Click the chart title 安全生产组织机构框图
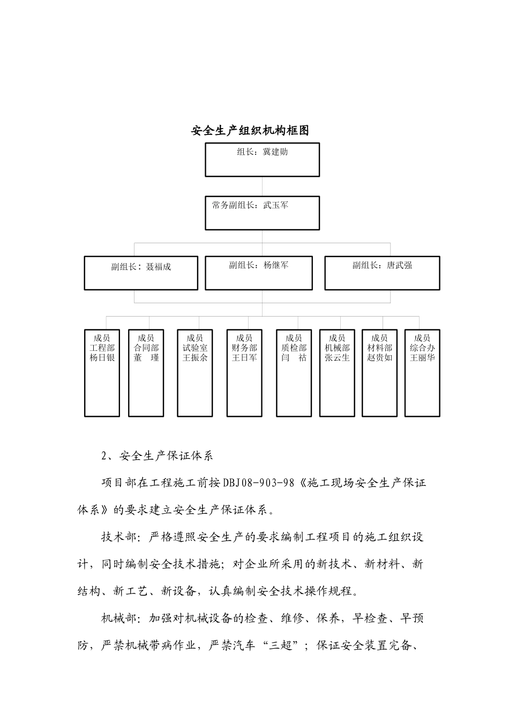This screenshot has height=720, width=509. pyautogui.click(x=250, y=131)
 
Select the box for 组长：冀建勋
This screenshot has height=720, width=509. pyautogui.click(x=262, y=160)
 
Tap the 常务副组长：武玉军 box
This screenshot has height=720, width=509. pyautogui.click(x=262, y=213)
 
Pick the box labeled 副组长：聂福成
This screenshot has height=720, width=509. pyautogui.click(x=141, y=273)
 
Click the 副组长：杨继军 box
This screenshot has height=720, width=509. pyautogui.click(x=259, y=273)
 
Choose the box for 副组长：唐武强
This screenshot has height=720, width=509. pyautogui.click(x=382, y=273)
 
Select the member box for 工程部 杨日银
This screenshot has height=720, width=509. pyautogui.click(x=102, y=373)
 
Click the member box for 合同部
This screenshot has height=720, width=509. pyautogui.click(x=146, y=373)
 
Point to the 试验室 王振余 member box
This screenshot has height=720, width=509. pyautogui.click(x=195, y=373)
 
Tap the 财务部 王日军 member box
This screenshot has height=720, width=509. pyautogui.click(x=244, y=373)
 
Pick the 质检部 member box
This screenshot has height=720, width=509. pyautogui.click(x=294, y=373)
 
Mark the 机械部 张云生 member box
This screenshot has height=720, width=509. pyautogui.click(x=337, y=373)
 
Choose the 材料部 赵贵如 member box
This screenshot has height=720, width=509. pyautogui.click(x=379, y=373)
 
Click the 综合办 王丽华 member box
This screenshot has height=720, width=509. pyautogui.click(x=422, y=373)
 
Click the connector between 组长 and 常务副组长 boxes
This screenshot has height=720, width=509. pyautogui.click(x=262, y=186)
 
